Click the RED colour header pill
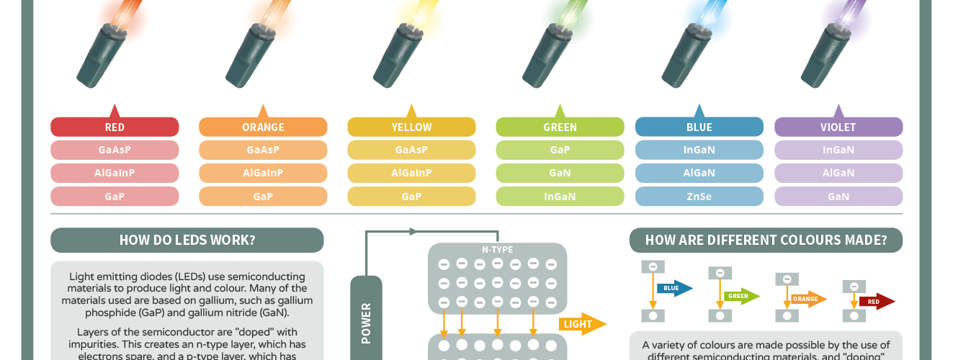click(115, 127)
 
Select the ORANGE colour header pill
click(263, 127)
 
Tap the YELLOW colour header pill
click(411, 127)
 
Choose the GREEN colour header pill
click(560, 127)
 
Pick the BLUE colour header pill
click(699, 127)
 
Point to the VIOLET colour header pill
click(838, 127)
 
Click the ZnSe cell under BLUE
click(699, 197)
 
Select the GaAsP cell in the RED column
click(115, 150)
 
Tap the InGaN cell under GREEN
click(560, 197)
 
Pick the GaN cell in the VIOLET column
click(838, 197)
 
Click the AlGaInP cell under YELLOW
click(411, 174)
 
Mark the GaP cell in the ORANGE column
click(263, 197)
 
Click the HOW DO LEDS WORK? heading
click(187, 240)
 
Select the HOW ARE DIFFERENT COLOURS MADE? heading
click(766, 240)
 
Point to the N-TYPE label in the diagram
click(497, 250)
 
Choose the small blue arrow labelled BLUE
click(674, 289)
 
